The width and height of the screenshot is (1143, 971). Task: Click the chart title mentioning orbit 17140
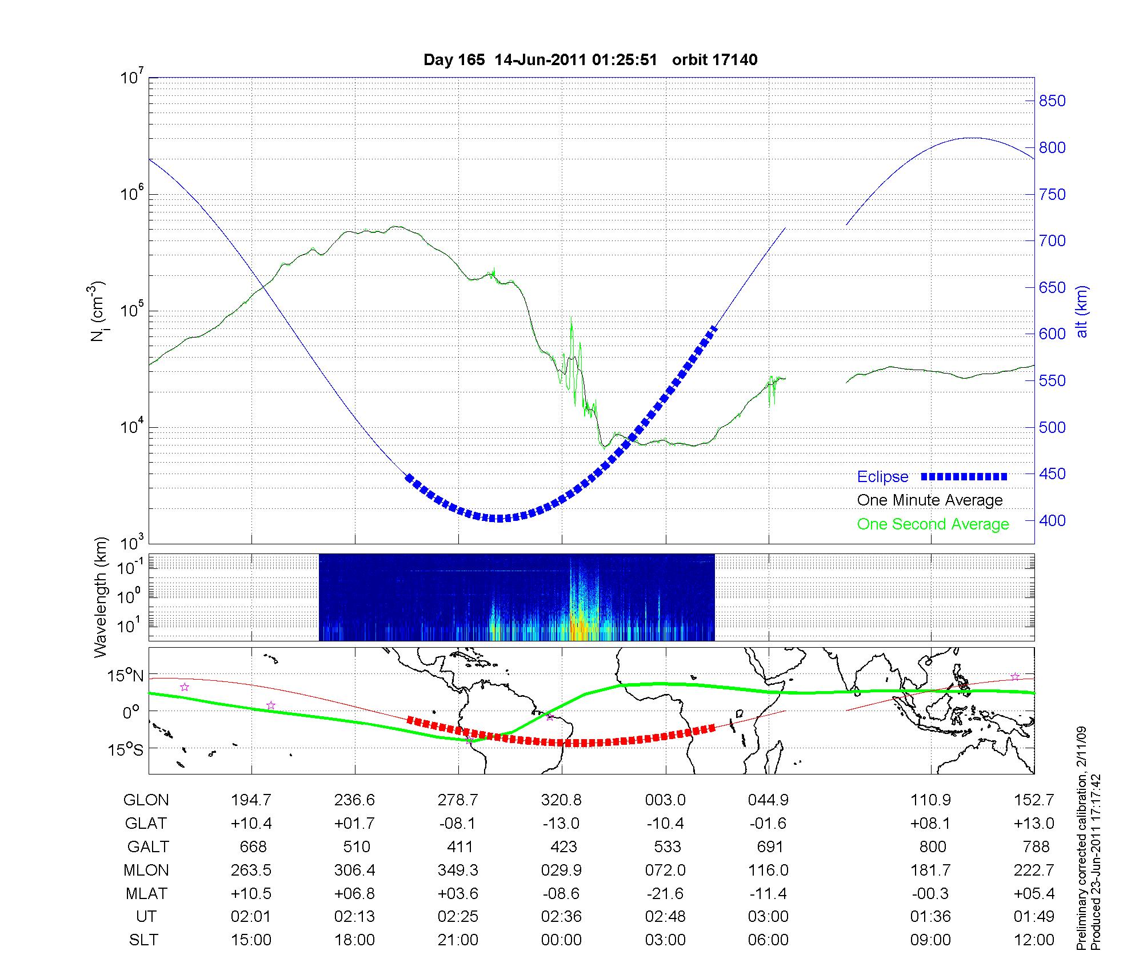click(x=590, y=60)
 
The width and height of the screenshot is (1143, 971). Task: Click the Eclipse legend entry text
click(x=882, y=477)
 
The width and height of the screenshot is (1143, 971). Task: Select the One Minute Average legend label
click(x=930, y=500)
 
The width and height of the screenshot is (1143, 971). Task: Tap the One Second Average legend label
click(x=933, y=524)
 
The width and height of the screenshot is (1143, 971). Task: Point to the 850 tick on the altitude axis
click(x=1052, y=101)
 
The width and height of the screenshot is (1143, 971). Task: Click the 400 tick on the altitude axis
click(x=1052, y=521)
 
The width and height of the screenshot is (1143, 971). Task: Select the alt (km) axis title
click(x=1082, y=311)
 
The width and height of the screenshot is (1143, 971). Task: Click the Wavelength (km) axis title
click(x=101, y=597)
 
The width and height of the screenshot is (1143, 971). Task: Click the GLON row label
click(x=146, y=800)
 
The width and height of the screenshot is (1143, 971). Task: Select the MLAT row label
click(x=146, y=893)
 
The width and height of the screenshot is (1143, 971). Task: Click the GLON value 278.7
click(x=458, y=800)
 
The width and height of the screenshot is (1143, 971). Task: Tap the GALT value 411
click(x=459, y=846)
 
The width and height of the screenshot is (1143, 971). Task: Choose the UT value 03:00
click(x=768, y=917)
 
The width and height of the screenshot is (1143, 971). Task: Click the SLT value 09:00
click(x=930, y=940)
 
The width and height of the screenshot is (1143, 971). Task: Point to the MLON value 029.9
click(x=561, y=870)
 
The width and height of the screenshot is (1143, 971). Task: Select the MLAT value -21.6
click(x=665, y=893)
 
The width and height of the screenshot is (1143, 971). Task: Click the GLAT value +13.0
click(x=1033, y=824)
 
